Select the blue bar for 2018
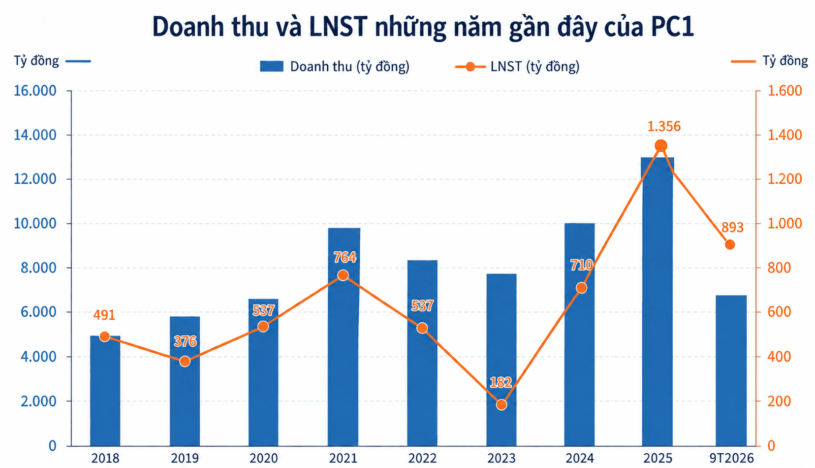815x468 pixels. (105, 391)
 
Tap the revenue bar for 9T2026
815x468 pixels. (731, 370)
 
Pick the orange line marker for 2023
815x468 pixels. (502, 404)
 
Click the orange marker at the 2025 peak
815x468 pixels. (661, 146)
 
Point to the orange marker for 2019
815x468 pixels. (185, 361)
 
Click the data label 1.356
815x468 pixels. (663, 127)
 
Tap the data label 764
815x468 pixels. (345, 258)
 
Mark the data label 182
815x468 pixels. (501, 382)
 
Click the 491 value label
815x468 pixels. (104, 315)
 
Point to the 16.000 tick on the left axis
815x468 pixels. (35, 91)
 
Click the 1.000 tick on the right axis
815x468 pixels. (784, 223)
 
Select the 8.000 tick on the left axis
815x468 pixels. (38, 268)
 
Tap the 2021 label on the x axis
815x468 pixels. (343, 458)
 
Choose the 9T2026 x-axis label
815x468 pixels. (731, 458)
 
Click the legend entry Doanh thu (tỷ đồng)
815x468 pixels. (335, 67)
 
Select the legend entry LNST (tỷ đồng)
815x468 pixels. (517, 67)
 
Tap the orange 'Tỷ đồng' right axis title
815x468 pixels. (785, 61)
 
